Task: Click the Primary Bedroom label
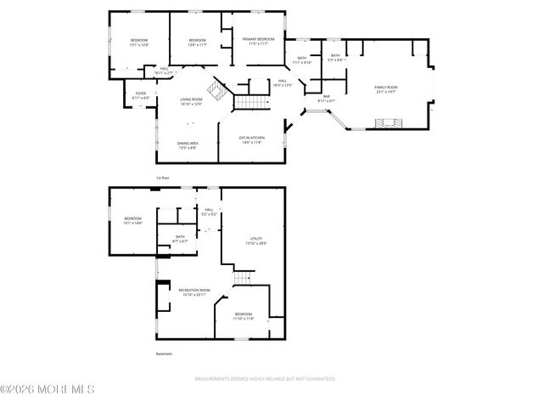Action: coord(258,39)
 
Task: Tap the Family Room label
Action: coord(386,88)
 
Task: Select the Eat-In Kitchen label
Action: coord(252,138)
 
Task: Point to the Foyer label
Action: coord(142,93)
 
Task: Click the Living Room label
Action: coord(191,99)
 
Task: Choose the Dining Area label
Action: coord(188,144)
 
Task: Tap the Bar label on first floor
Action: coord(326,97)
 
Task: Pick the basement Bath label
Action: coord(180,237)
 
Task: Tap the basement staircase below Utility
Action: coord(244,277)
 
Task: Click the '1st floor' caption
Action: coord(162,178)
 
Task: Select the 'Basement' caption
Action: coord(164,354)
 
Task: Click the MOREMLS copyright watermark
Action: coord(48,389)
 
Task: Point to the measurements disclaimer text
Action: coord(265,379)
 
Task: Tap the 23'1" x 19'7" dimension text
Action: coord(386,92)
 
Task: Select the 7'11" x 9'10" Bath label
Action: coord(302,61)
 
